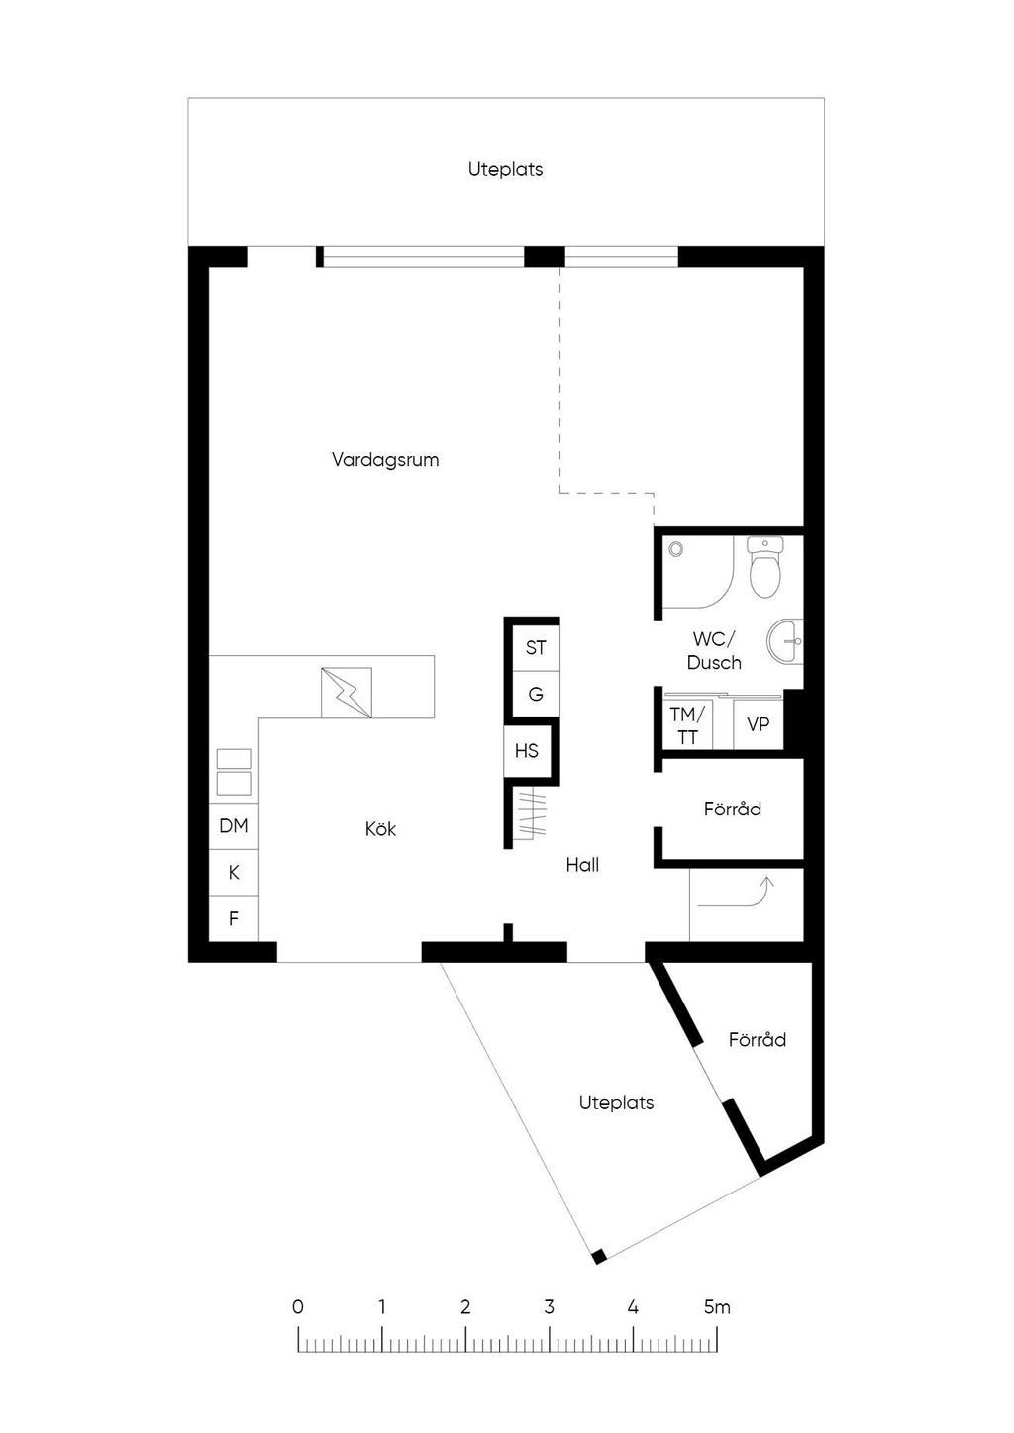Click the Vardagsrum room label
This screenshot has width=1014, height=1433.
pos(385,460)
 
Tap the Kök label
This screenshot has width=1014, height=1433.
pos(380,829)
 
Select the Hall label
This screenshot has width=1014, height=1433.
pos(582,865)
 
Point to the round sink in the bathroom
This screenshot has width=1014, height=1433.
pos(784,641)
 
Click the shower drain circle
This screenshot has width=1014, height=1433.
pos(676,549)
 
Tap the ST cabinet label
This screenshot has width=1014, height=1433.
pos(535,648)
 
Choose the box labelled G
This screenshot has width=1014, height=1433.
pos(536,694)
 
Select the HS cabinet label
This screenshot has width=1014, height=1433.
pos(526,750)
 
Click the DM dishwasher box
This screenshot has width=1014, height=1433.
pos(234,826)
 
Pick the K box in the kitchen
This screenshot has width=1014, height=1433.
pos(234,873)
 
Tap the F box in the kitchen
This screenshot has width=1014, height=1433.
pos(234,918)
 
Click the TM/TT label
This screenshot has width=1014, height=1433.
pos(687,725)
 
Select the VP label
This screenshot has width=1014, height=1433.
pos(758,724)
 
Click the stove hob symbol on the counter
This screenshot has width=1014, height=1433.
pos(347,692)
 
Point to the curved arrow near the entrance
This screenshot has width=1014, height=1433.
pos(736,895)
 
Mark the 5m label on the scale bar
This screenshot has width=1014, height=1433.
pos(717,1307)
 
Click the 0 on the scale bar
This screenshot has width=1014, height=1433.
pos(298,1307)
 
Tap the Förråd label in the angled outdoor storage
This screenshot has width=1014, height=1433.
pos(758,1039)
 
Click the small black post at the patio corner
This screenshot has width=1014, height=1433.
pos(598,1257)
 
